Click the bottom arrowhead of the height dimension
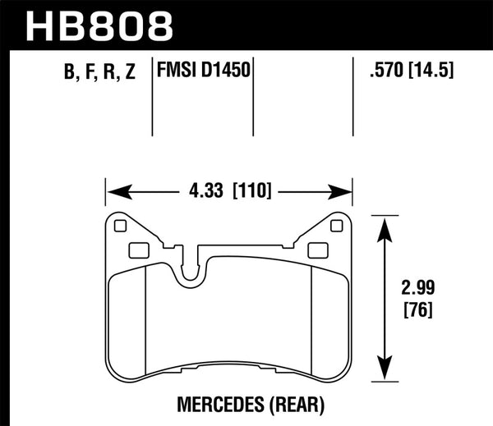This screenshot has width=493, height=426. (382, 372)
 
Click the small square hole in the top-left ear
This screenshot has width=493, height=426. (122, 227)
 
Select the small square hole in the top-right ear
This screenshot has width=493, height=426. (335, 227)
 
